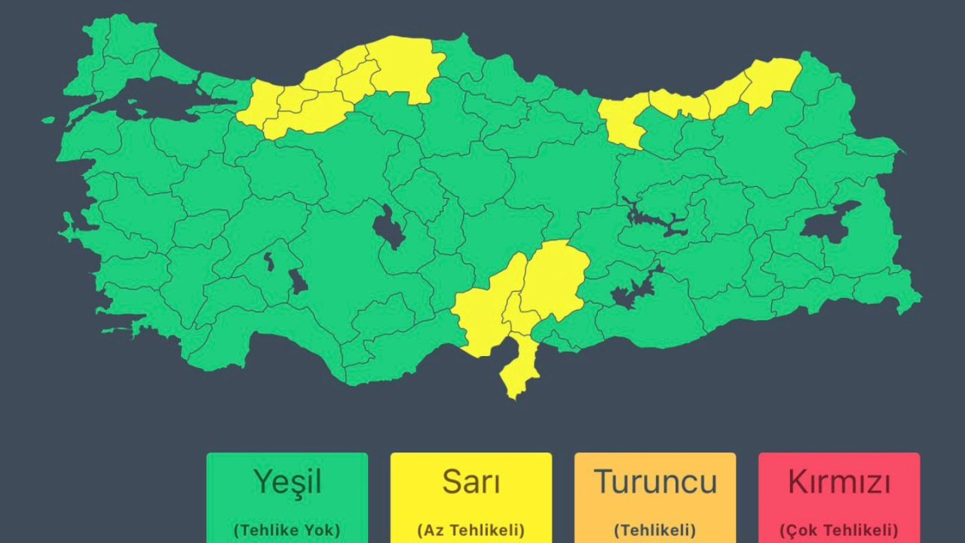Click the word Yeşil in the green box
click(286, 481)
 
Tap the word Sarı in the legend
click(470, 481)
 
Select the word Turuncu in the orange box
click(654, 481)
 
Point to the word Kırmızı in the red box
click(838, 481)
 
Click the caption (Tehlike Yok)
click(286, 529)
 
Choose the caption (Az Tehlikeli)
click(470, 529)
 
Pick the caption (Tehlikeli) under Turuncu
click(654, 529)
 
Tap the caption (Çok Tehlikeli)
click(838, 529)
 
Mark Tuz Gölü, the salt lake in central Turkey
click(388, 226)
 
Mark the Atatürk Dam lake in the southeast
click(633, 290)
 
